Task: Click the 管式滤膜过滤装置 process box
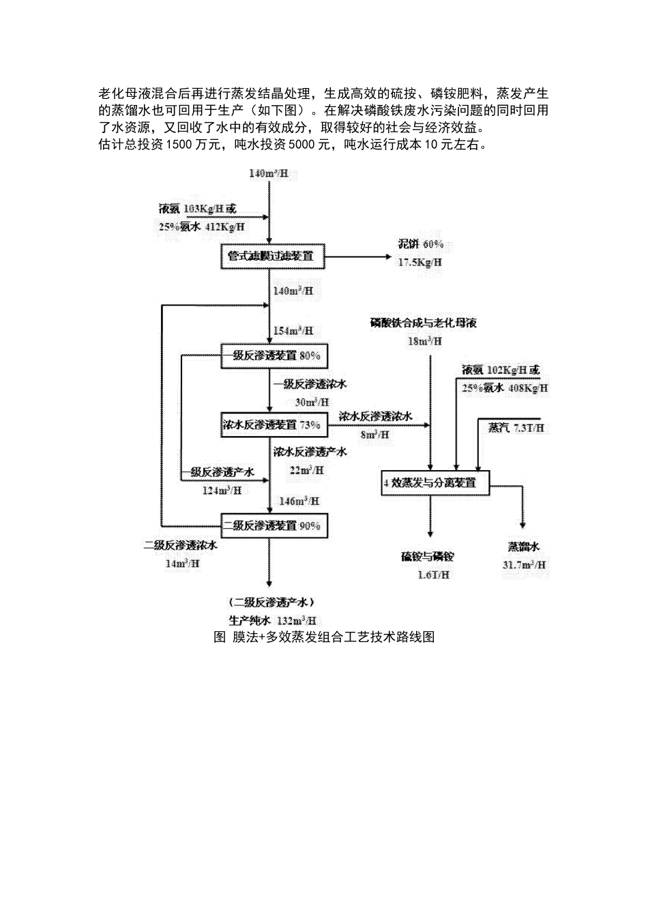(x=271, y=257)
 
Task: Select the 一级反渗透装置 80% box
(x=271, y=355)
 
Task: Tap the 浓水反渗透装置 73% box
(x=271, y=424)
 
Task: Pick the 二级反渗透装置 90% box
(x=271, y=525)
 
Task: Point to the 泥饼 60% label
(x=421, y=244)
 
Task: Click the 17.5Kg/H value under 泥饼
(x=420, y=262)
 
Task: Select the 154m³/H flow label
(x=293, y=331)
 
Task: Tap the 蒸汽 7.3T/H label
(x=516, y=428)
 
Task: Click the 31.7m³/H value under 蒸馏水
(x=524, y=565)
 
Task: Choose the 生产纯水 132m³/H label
(x=272, y=621)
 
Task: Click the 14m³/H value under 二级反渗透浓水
(x=182, y=564)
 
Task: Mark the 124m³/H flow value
(x=222, y=490)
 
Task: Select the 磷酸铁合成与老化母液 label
(x=424, y=323)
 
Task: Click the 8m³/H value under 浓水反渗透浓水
(x=374, y=434)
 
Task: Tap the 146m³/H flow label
(x=299, y=501)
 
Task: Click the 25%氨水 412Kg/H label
(x=203, y=227)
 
